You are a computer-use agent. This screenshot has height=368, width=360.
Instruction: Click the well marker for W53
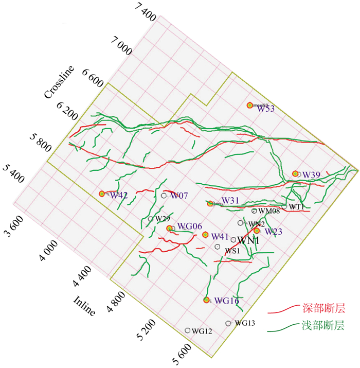[x=250, y=105]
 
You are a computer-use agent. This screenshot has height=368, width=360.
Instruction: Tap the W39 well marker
[x=295, y=174]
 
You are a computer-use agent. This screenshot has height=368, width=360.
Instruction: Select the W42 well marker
[x=102, y=194]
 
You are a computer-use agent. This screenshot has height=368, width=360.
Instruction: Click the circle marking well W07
[x=164, y=196]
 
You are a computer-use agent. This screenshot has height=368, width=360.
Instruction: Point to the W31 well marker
[x=210, y=203]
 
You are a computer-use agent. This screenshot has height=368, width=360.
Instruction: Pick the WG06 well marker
[x=169, y=228]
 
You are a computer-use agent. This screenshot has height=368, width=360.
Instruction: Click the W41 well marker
[x=205, y=235]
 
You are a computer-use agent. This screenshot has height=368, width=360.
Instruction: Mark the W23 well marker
[x=257, y=231]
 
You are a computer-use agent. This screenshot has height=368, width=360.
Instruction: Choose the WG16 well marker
[x=207, y=300]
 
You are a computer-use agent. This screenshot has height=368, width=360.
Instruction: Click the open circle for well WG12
[x=188, y=330]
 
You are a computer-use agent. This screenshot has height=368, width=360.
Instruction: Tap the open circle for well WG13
[x=228, y=323]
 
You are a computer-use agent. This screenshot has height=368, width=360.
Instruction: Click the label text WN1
[x=248, y=240]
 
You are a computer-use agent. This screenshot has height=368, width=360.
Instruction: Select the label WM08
[x=269, y=211]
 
